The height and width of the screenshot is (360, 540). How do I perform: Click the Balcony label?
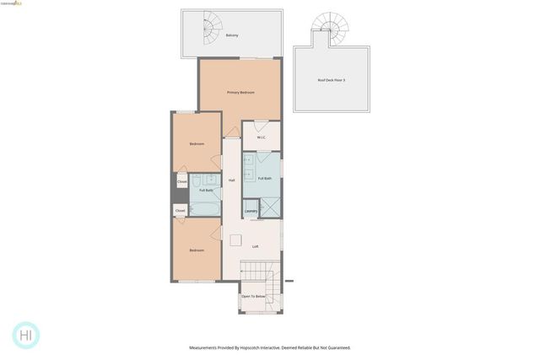coord(232,35)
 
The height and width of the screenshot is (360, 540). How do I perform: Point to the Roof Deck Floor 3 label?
coord(332,80)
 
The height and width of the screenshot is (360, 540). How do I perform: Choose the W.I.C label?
coord(262,137)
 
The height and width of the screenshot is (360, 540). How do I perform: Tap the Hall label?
coord(232,180)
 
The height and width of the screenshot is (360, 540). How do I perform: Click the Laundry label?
coord(251,211)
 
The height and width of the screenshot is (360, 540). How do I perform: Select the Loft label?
coord(256,246)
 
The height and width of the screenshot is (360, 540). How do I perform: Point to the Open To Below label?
coord(253,297)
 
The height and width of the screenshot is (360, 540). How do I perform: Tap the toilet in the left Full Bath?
coord(194,180)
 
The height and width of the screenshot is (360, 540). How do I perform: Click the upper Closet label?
coord(181,181)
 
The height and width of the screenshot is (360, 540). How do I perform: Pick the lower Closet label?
coord(180,210)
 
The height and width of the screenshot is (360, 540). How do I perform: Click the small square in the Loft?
coord(235,239)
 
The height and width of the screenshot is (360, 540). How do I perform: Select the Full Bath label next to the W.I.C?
coord(264,178)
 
